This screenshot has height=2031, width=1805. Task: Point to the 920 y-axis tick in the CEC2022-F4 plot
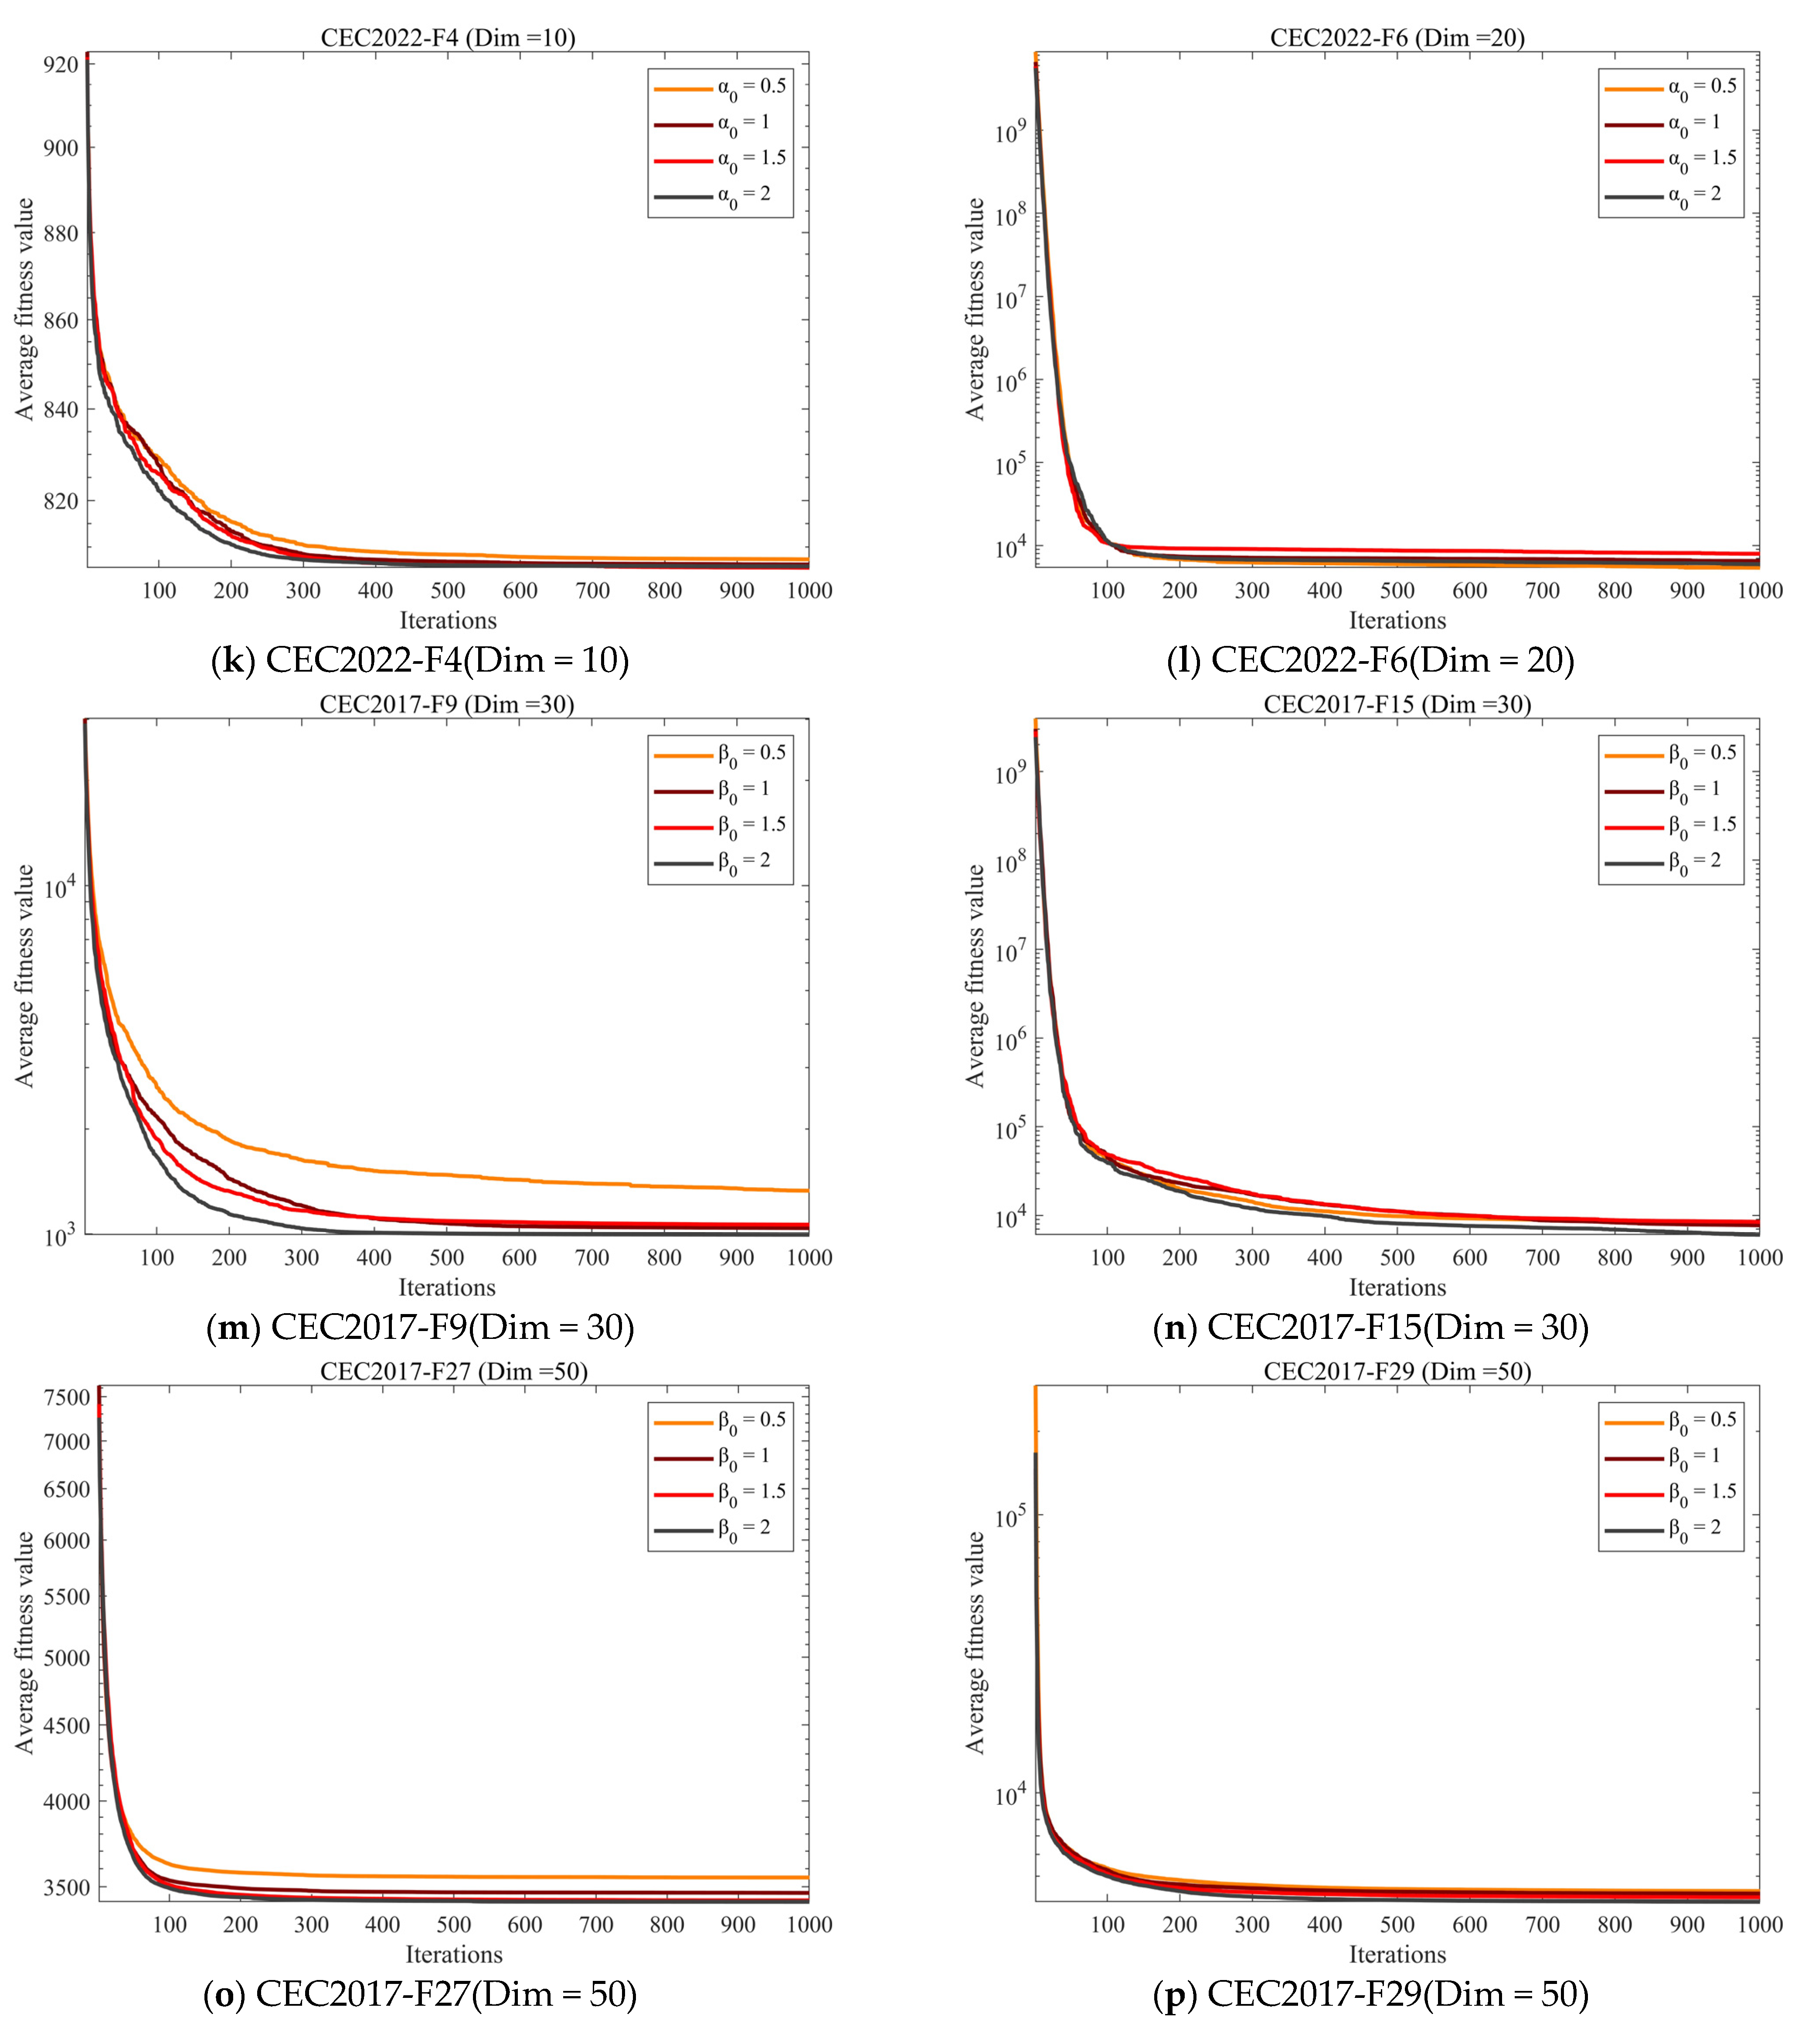(x=61, y=65)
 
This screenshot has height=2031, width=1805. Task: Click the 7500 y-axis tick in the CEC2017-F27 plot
(x=68, y=1397)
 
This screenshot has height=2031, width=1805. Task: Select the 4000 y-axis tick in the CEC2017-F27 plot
(x=68, y=1801)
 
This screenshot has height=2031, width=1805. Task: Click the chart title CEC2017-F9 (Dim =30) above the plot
(x=447, y=704)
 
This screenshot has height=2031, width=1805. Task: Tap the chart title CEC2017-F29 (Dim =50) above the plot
(x=1397, y=1371)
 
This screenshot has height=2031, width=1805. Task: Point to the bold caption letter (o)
(x=224, y=1994)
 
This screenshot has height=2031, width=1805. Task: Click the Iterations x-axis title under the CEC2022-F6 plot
(x=1397, y=621)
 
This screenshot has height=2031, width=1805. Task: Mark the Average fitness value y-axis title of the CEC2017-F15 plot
(x=975, y=976)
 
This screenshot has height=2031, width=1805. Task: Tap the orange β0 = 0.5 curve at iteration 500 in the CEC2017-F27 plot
(x=454, y=1877)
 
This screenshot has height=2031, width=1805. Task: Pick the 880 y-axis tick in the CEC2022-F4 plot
(x=61, y=234)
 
